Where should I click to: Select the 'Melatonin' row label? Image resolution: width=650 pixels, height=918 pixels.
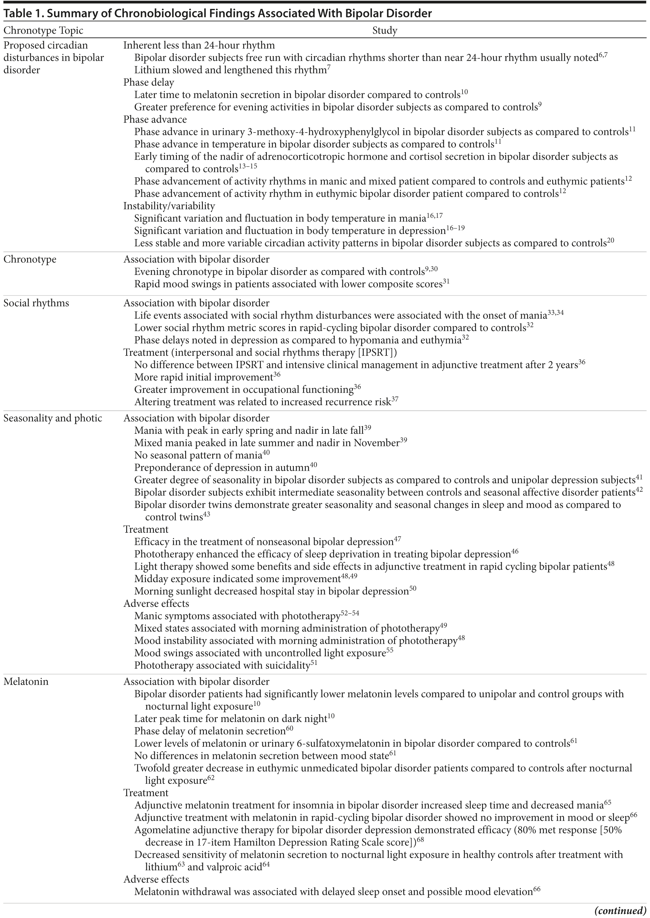click(x=26, y=681)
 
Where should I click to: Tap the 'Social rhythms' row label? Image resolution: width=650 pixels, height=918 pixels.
click(x=36, y=303)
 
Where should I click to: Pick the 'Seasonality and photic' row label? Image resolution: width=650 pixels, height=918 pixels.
click(x=52, y=418)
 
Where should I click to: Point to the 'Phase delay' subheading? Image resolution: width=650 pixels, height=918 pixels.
click(x=149, y=83)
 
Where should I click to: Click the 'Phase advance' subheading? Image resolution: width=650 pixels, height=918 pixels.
click(x=155, y=120)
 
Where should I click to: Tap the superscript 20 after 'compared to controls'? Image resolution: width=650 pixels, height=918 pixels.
click(x=610, y=241)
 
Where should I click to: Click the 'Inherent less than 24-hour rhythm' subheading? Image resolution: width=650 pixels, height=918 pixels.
click(x=199, y=45)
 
